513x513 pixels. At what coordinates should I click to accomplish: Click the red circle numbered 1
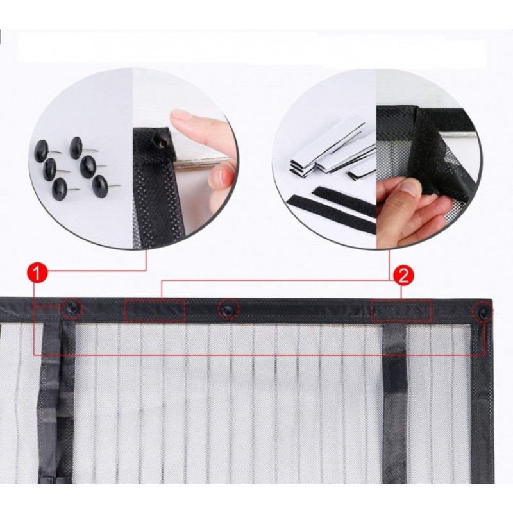coord(37,273)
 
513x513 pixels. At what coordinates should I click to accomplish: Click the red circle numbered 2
coord(404,276)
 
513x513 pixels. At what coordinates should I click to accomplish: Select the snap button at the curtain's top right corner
coord(482,312)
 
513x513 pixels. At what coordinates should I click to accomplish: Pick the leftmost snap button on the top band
coord(72,308)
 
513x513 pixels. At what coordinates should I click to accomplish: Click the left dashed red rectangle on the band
coord(155,310)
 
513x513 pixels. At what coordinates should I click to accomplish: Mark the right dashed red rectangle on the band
coord(401,311)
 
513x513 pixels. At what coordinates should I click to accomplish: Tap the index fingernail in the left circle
coord(180,115)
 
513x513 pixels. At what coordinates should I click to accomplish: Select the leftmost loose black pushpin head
coord(42,151)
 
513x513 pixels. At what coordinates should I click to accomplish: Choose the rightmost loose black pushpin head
coord(99,186)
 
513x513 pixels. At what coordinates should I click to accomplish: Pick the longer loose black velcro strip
coord(331,214)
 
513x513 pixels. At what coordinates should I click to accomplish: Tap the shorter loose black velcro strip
coord(344,201)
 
